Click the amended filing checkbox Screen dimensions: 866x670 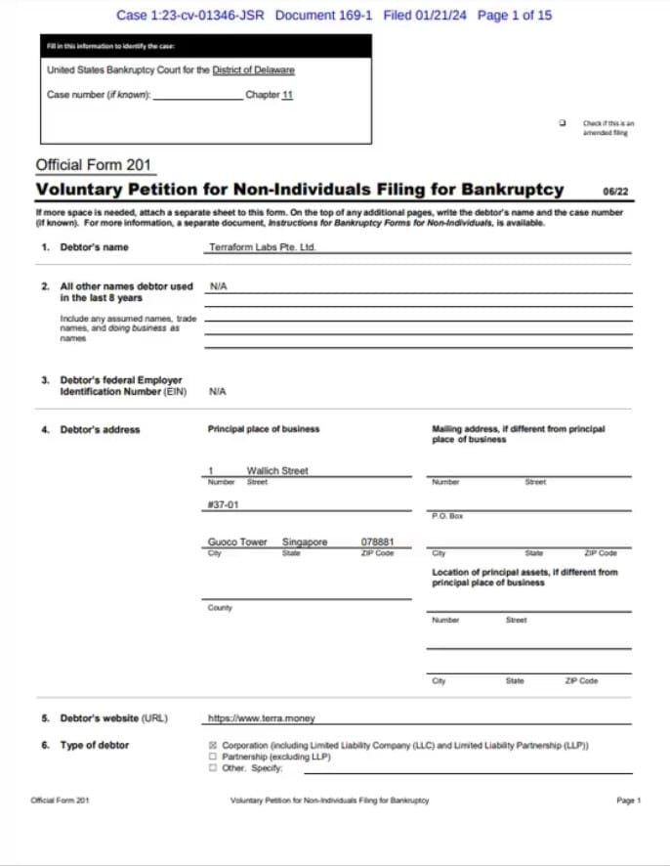click(x=563, y=124)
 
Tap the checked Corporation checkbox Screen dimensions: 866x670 click(x=213, y=745)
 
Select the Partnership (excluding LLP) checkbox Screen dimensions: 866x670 click(x=213, y=757)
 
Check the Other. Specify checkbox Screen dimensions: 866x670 click(x=213, y=768)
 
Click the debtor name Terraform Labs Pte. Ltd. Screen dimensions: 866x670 click(x=262, y=248)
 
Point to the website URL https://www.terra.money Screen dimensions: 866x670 click(x=262, y=718)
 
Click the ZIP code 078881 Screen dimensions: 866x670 click(x=377, y=541)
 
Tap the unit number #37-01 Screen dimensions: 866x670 click(x=224, y=505)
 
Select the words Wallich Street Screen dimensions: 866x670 click(x=277, y=470)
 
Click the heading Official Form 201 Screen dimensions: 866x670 click(x=93, y=165)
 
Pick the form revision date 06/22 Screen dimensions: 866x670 click(x=616, y=192)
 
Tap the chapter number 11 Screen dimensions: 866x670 click(x=287, y=95)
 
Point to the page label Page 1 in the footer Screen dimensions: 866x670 click(x=628, y=801)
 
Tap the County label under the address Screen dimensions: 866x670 click(x=220, y=608)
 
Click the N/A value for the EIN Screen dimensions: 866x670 click(x=218, y=391)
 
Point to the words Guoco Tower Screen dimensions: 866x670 click(x=237, y=541)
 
